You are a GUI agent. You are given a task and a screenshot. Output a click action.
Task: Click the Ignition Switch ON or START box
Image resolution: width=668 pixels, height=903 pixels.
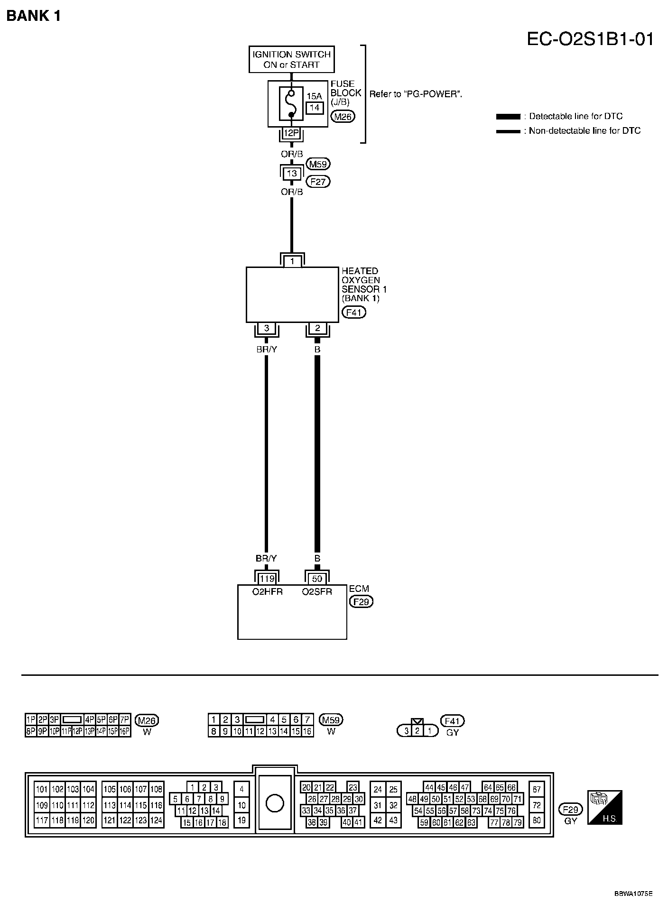(291, 59)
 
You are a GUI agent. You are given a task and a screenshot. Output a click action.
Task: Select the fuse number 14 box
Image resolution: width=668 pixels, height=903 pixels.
(315, 108)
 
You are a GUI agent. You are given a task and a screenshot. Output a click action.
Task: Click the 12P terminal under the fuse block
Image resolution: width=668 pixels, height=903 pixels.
(291, 133)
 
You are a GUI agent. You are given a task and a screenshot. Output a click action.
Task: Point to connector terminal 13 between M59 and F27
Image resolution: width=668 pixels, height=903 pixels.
(291, 173)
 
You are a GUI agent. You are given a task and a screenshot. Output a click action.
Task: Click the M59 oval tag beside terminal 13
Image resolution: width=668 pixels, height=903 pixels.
(318, 164)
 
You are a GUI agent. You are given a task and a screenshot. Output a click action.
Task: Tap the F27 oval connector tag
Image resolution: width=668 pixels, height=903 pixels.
(318, 182)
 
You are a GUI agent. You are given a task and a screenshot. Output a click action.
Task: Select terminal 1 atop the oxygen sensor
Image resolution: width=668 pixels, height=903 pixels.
(292, 261)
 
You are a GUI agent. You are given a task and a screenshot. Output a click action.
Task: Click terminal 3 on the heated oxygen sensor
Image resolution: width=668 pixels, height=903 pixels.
(267, 328)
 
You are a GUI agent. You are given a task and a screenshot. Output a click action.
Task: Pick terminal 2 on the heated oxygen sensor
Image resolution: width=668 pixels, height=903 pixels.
(317, 328)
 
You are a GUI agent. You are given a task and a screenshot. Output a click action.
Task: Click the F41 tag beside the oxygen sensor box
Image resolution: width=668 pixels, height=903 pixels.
(354, 313)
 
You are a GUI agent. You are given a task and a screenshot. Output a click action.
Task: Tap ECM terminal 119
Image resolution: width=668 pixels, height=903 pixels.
(267, 579)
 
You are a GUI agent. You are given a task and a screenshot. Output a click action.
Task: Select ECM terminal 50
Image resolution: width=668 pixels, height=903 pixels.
(317, 579)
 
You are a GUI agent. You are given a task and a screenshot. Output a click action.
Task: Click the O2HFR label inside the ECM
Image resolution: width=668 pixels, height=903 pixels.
(267, 591)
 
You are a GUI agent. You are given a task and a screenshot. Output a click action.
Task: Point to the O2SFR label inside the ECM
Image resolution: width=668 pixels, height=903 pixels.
(317, 591)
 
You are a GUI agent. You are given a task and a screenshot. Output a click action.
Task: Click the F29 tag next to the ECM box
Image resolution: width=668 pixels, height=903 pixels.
(361, 602)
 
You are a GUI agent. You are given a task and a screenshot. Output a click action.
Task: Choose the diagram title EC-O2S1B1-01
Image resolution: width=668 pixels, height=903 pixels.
(590, 38)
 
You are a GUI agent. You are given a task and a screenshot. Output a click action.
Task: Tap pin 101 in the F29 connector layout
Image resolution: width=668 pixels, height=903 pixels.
(42, 789)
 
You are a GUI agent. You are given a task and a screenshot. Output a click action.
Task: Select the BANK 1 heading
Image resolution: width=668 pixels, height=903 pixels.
(34, 16)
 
